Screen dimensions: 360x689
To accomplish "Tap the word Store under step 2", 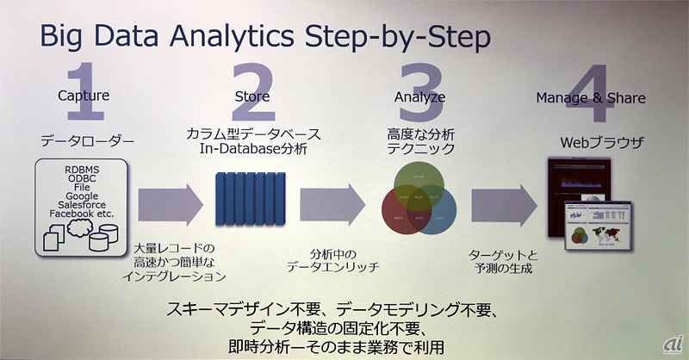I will pyautogui.click(x=252, y=96).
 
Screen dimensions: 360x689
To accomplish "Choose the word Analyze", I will pyautogui.click(x=419, y=96).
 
